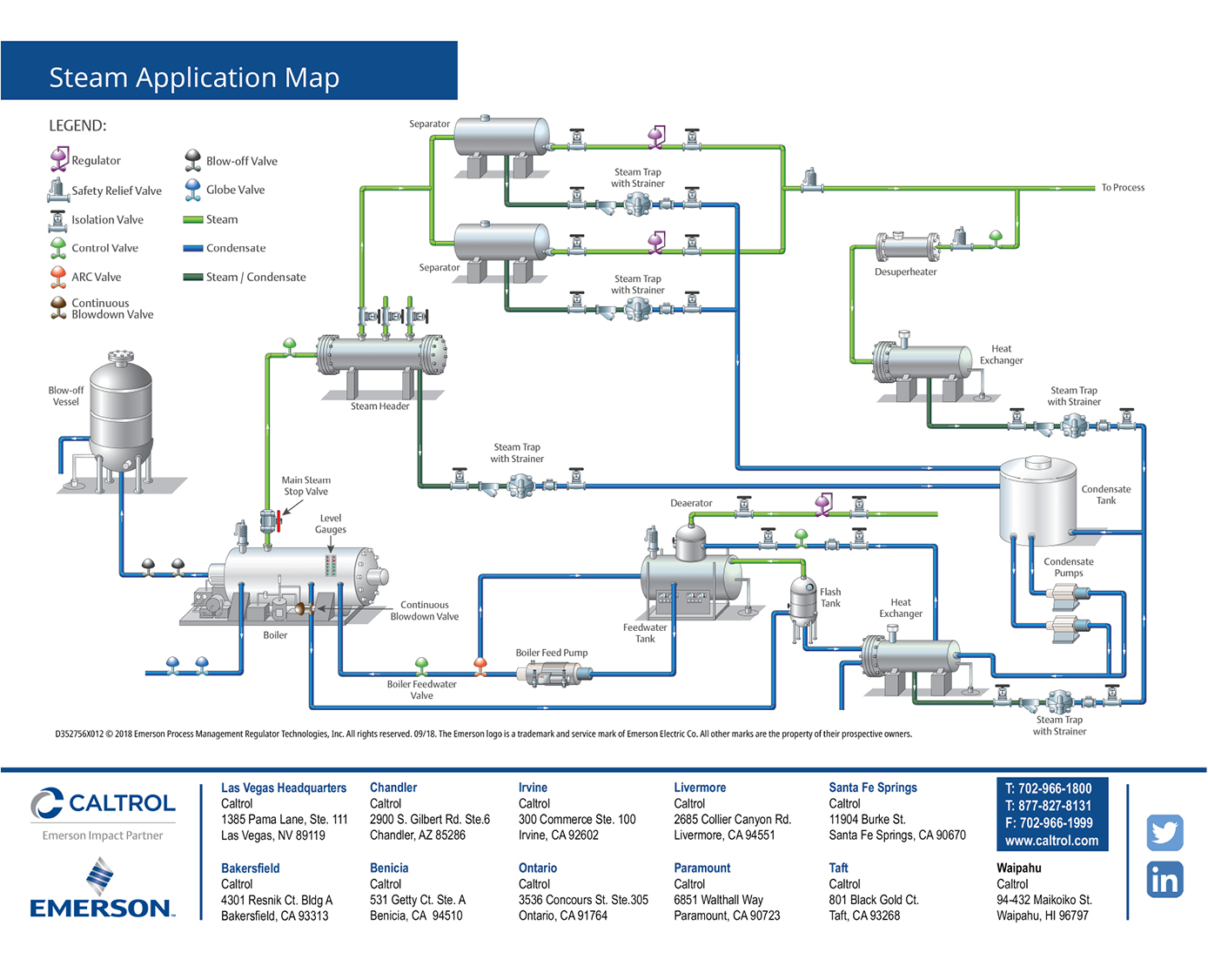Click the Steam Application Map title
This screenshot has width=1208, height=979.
(194, 77)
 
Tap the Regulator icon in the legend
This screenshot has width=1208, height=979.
(59, 158)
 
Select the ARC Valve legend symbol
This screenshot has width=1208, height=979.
(58, 277)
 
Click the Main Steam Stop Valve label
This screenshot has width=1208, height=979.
(305, 486)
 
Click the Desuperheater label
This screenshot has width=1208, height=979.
(905, 272)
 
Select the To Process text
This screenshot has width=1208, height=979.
(1123, 188)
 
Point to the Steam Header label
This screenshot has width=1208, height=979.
(379, 406)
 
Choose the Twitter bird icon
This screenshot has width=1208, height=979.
(1164, 833)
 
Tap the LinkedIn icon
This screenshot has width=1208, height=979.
(1164, 881)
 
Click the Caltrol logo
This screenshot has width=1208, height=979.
(103, 803)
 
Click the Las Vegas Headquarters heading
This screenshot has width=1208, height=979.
(283, 788)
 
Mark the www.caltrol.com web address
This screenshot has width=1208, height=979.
(1051, 841)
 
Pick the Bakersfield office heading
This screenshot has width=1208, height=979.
(250, 868)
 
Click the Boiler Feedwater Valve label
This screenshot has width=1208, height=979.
(421, 690)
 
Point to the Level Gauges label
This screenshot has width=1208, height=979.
(331, 524)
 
